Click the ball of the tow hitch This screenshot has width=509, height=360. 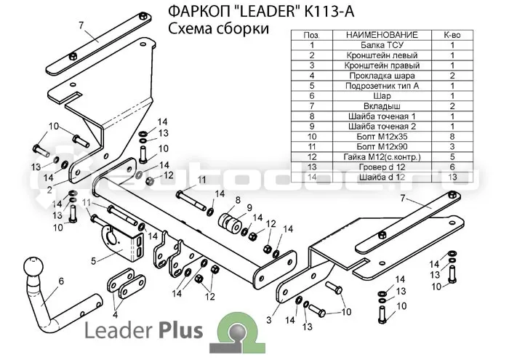point(33,267)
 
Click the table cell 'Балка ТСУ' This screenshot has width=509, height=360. point(382,45)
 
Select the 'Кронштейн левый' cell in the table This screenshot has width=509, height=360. point(382,55)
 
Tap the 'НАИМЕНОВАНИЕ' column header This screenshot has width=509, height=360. point(382,35)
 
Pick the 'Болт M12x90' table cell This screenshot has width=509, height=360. point(382,147)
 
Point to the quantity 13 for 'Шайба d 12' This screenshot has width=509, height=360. point(452,177)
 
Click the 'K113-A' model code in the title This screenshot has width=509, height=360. point(329,12)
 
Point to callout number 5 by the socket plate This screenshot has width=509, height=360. point(94,261)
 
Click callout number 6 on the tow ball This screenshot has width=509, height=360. point(61,281)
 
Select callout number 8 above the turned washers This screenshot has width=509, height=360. point(238,200)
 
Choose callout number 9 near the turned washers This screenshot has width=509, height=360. point(249,207)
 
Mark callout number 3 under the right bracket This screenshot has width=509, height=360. point(269,320)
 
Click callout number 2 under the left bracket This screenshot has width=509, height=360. point(49,189)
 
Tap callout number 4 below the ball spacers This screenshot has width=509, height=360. point(115,315)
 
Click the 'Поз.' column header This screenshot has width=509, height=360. point(312,35)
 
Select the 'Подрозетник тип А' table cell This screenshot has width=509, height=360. point(382,86)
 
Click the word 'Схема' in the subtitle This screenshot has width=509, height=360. point(188,28)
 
